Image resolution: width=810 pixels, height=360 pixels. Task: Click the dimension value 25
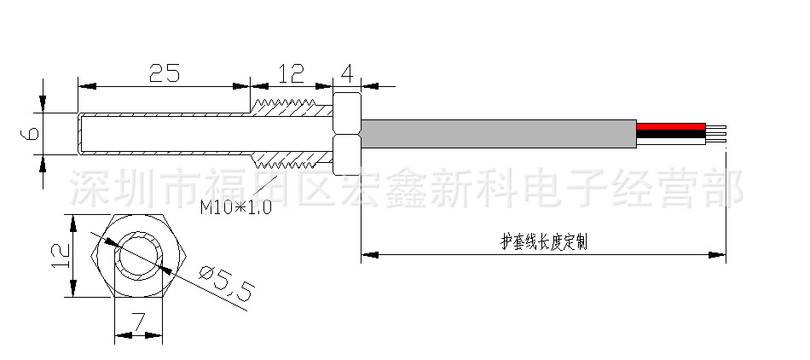point(164,73)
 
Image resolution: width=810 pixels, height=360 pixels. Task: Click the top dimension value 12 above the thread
point(291,73)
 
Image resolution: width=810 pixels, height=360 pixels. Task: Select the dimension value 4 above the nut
point(347,73)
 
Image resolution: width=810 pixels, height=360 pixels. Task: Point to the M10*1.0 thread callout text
point(235,206)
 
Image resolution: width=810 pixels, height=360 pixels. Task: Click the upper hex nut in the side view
point(346,113)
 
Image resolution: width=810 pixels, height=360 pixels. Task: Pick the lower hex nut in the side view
point(346,154)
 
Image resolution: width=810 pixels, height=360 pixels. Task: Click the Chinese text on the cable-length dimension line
point(543,242)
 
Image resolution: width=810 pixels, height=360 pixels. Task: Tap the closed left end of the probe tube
point(79,134)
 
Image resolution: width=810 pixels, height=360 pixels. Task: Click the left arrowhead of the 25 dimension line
point(84,85)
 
